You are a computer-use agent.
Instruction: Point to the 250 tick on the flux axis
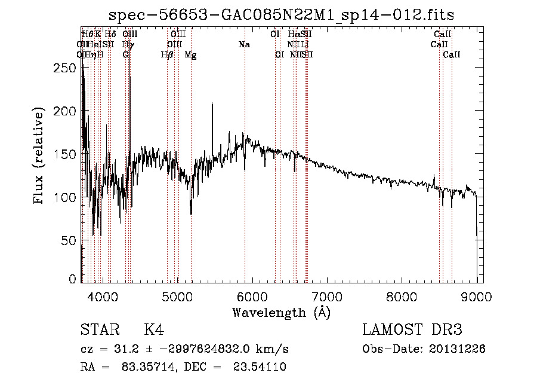click(x=69, y=68)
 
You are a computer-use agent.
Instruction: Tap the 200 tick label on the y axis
click(x=69, y=111)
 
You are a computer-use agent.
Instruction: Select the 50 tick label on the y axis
click(x=72, y=240)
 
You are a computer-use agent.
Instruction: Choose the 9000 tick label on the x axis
click(x=476, y=297)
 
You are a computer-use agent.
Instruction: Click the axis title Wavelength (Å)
click(x=281, y=312)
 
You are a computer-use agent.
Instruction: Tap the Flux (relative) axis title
click(x=40, y=157)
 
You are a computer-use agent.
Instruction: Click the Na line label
click(x=244, y=44)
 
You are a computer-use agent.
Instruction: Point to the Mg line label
click(x=190, y=55)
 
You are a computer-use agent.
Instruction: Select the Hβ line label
click(x=167, y=55)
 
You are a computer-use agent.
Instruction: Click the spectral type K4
click(x=154, y=330)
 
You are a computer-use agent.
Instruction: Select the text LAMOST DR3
click(x=412, y=330)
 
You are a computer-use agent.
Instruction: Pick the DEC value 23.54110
click(x=260, y=367)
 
